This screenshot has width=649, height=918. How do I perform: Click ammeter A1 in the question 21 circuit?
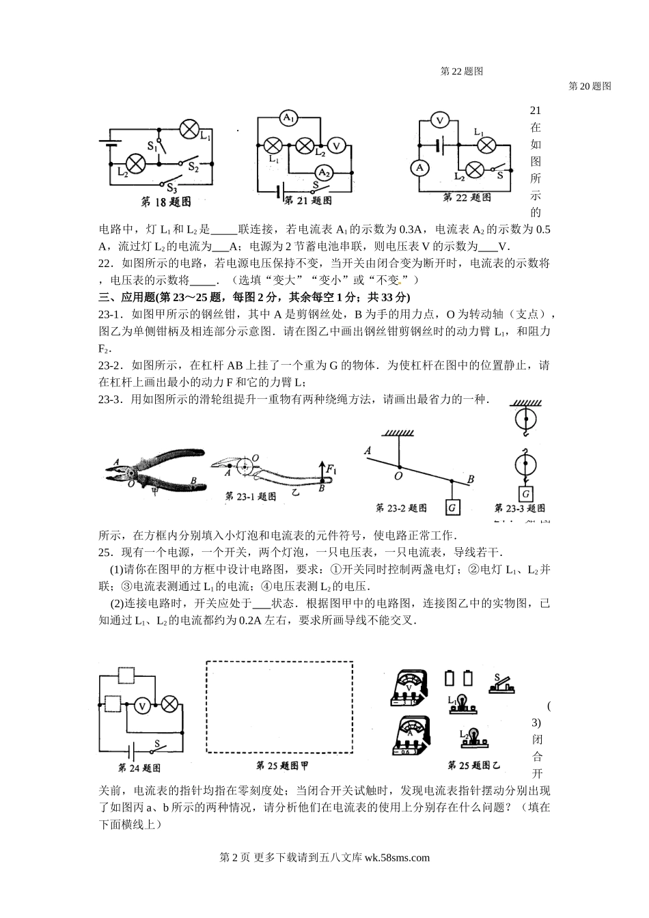coord(289,118)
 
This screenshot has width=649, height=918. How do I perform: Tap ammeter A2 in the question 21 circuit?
coord(323,171)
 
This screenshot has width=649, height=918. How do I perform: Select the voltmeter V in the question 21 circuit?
coord(335,145)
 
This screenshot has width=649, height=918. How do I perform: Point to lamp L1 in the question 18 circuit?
coord(189,128)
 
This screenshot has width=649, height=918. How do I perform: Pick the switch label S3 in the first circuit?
coord(172,189)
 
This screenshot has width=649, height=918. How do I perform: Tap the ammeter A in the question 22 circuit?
coord(420,167)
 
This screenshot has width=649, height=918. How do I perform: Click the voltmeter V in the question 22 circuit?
coord(441,121)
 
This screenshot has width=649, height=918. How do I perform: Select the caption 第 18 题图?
coord(165,202)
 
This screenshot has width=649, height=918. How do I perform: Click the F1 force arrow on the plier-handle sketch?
coord(322,471)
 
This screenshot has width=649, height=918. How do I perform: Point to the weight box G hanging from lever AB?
coord(452,507)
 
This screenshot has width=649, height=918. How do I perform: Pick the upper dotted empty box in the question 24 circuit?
coord(127,676)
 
